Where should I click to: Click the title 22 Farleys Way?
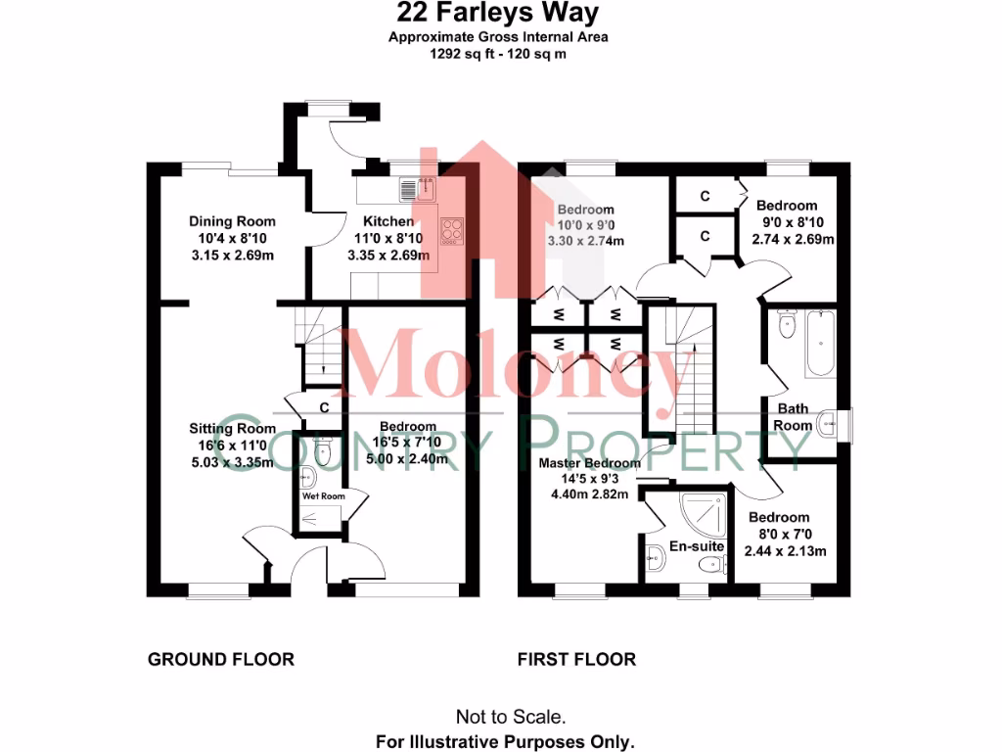[498, 14]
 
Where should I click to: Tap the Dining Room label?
[232, 221]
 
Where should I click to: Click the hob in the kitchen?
[452, 231]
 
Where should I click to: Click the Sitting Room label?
[232, 429]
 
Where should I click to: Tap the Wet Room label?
[323, 496]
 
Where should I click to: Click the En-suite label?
[696, 546]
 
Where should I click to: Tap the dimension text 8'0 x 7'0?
[779, 535]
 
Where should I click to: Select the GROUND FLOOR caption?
[220, 659]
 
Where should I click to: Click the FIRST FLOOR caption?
[576, 659]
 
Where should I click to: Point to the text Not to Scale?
[510, 717]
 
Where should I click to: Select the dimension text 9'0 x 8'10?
[794, 222]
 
